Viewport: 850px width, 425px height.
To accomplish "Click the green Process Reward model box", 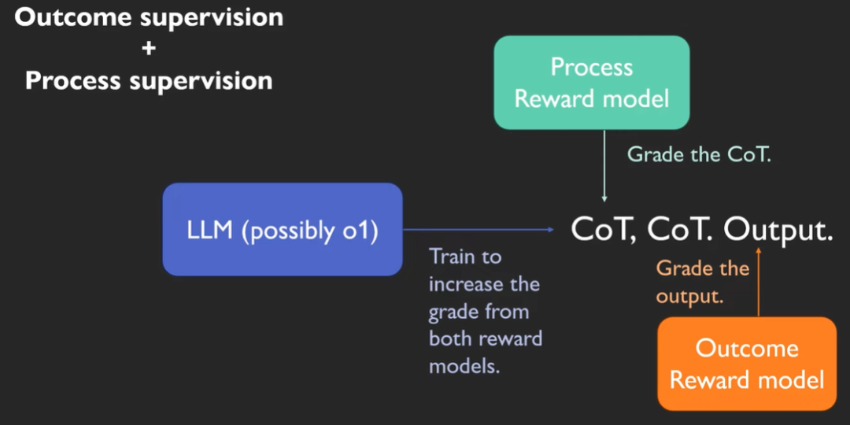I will (591, 83).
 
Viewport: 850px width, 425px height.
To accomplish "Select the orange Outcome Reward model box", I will (746, 364).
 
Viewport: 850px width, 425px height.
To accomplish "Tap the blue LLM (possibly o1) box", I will (283, 229).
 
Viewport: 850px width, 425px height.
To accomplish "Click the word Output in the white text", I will (774, 230).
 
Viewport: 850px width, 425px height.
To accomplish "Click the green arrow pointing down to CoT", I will (604, 165).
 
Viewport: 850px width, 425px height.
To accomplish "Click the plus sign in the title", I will (149, 49).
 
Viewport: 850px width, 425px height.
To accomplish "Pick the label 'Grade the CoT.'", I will (699, 154).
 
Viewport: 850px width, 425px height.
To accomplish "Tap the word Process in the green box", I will (591, 67).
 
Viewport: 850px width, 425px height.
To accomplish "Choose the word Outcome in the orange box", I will (747, 348).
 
